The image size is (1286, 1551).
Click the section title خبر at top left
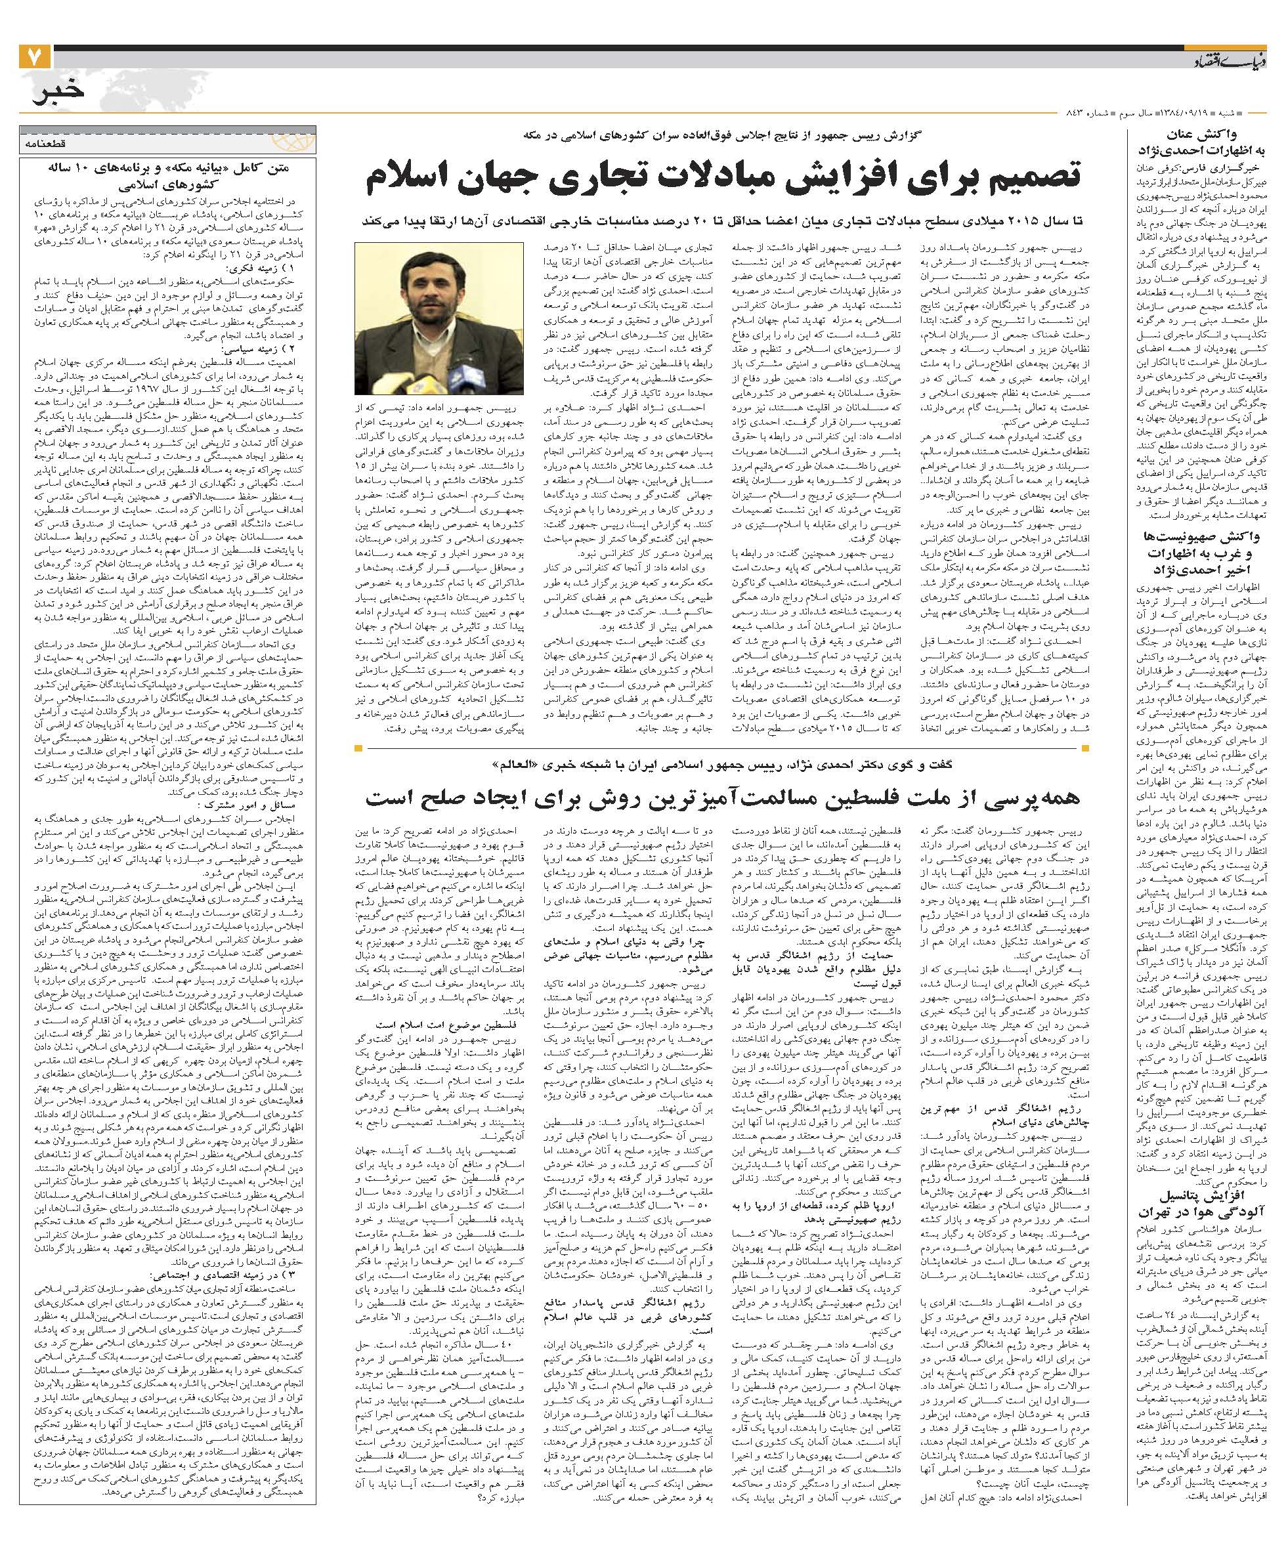pyautogui.click(x=55, y=93)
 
